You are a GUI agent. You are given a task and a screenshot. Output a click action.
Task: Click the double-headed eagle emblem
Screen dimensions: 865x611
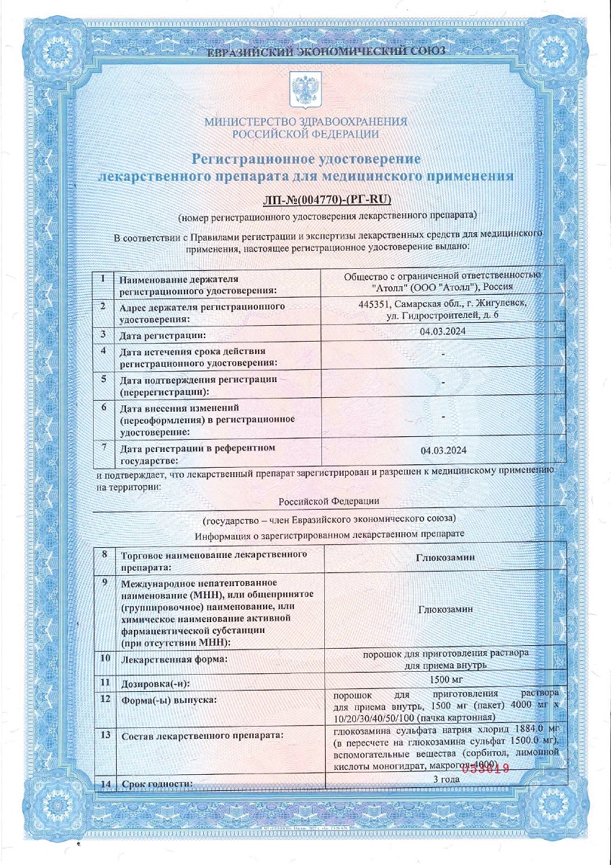(305, 89)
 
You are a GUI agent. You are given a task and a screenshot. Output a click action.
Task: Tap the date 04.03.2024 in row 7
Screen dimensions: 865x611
(443, 451)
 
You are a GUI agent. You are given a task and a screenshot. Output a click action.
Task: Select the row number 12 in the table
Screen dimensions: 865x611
(106, 698)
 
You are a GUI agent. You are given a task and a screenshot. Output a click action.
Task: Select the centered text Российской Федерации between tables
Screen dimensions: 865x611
(328, 501)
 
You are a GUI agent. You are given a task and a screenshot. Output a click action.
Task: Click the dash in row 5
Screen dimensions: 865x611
(442, 381)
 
